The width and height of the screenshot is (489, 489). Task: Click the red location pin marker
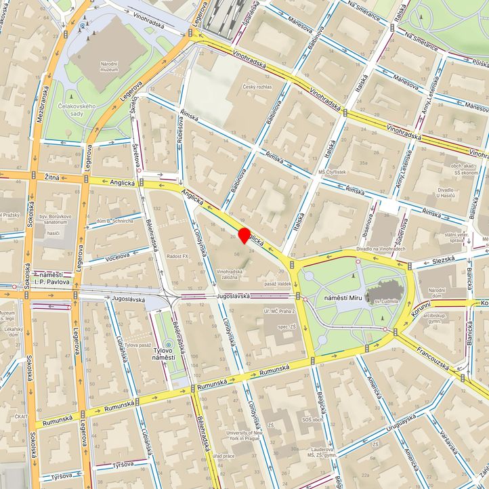pos(244,236)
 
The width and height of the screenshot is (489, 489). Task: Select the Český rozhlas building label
pos(257,87)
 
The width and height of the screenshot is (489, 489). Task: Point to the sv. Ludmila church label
pos(383,299)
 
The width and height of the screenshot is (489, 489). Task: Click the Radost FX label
pos(177,256)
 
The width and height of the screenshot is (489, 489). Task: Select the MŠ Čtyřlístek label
pos(332,172)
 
